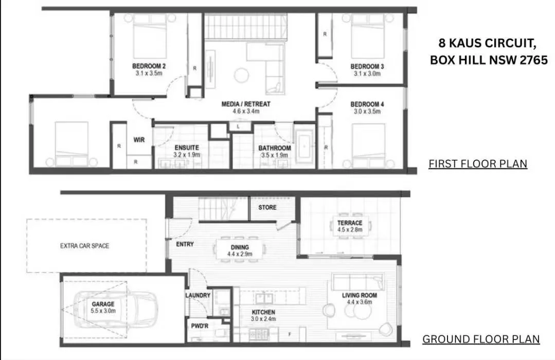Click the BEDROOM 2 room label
tap(149, 66)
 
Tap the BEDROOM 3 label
tap(367, 66)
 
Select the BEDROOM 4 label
tap(367, 104)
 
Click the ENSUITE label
tap(186, 148)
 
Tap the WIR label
tap(139, 139)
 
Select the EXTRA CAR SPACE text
tap(84, 246)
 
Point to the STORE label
tap(267, 208)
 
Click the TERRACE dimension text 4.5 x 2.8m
tap(350, 230)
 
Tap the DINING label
tap(240, 247)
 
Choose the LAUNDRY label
tap(198, 295)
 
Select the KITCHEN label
tap(263, 312)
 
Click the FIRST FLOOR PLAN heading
tap(478, 164)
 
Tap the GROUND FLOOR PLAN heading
tap(480, 339)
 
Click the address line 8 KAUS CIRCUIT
tap(486, 43)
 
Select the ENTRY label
tap(185, 244)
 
